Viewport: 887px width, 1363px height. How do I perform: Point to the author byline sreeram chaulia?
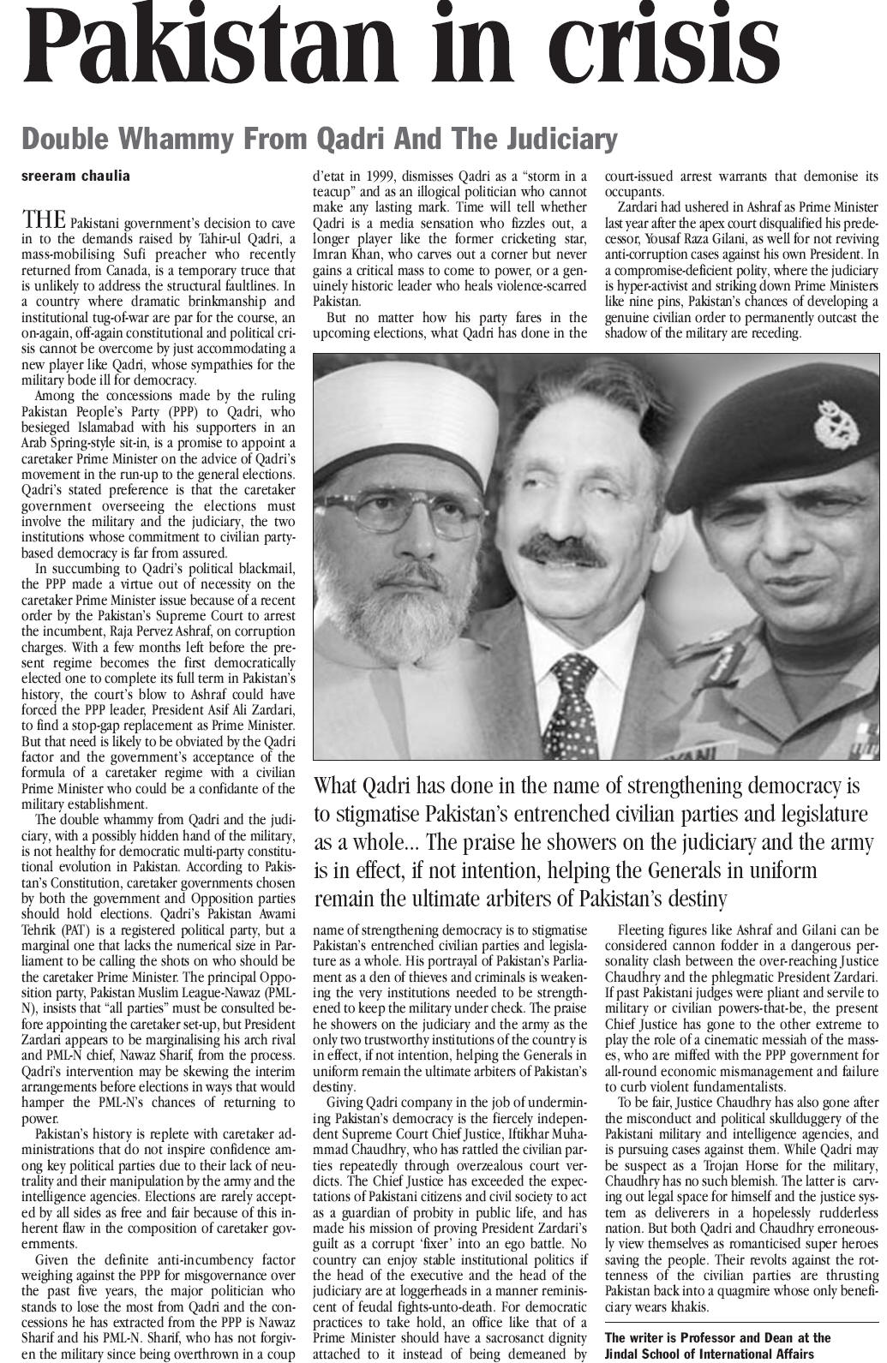75,176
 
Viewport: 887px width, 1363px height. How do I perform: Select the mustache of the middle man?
562,548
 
